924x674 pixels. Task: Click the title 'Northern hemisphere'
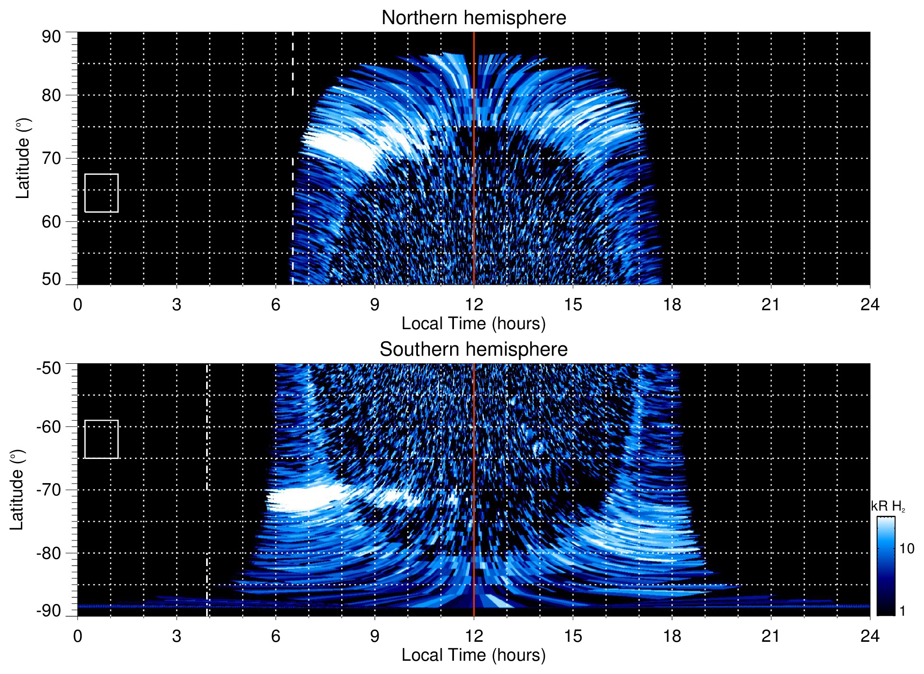pos(473,18)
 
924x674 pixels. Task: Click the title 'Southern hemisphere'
pos(473,350)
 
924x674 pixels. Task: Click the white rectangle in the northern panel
pos(101,193)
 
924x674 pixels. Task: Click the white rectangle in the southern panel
pos(101,439)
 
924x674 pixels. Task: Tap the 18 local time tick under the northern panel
pos(671,305)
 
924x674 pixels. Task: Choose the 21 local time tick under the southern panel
pos(770,636)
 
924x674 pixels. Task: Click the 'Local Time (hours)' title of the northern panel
pos(473,324)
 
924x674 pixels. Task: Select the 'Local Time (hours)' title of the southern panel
pos(473,655)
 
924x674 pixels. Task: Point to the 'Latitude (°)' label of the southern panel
pos(17,490)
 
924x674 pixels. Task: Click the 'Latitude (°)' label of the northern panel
pos(23,158)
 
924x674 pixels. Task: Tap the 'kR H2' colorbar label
pos(888,506)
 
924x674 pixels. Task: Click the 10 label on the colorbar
pos(906,549)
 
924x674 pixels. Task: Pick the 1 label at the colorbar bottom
pos(902,611)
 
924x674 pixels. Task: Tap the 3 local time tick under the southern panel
pos(176,636)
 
